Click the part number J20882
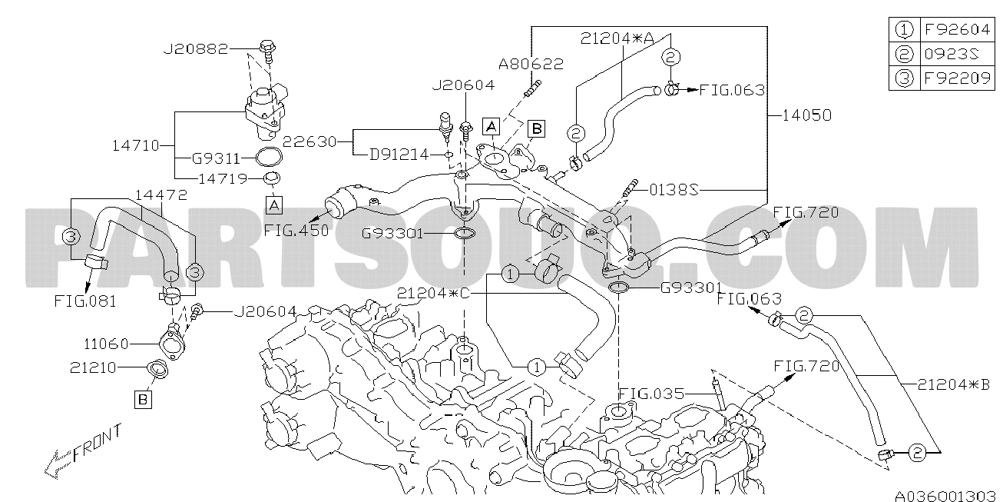196,48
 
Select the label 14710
136,145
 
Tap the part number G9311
217,158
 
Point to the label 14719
223,179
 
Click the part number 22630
310,141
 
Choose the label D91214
399,155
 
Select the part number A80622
531,64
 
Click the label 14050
807,115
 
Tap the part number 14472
161,195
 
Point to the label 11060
106,344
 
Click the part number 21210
93,367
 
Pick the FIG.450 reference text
296,231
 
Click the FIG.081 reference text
85,301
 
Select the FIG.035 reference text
651,394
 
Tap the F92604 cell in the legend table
957,29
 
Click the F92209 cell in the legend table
957,78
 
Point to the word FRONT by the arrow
97,444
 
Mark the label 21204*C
433,293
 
